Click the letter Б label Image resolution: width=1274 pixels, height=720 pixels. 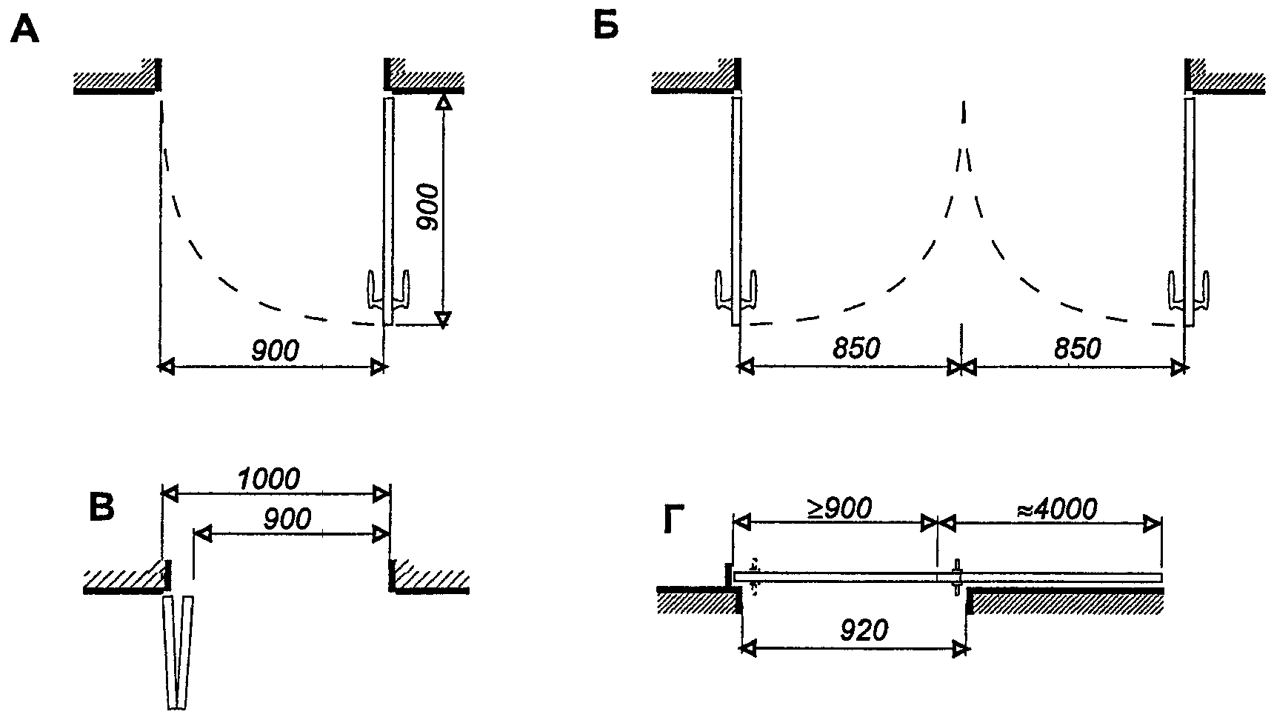pyautogui.click(x=606, y=27)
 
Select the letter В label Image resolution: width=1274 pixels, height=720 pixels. pyautogui.click(x=101, y=507)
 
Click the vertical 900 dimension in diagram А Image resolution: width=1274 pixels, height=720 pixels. pyautogui.click(x=428, y=207)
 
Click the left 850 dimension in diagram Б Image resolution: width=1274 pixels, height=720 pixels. pyautogui.click(x=856, y=348)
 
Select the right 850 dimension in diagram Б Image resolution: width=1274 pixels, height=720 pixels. pyautogui.click(x=1076, y=348)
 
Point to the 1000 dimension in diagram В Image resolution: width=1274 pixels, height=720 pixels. pyautogui.click(x=268, y=479)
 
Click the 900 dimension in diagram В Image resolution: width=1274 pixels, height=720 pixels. pyautogui.click(x=287, y=519)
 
